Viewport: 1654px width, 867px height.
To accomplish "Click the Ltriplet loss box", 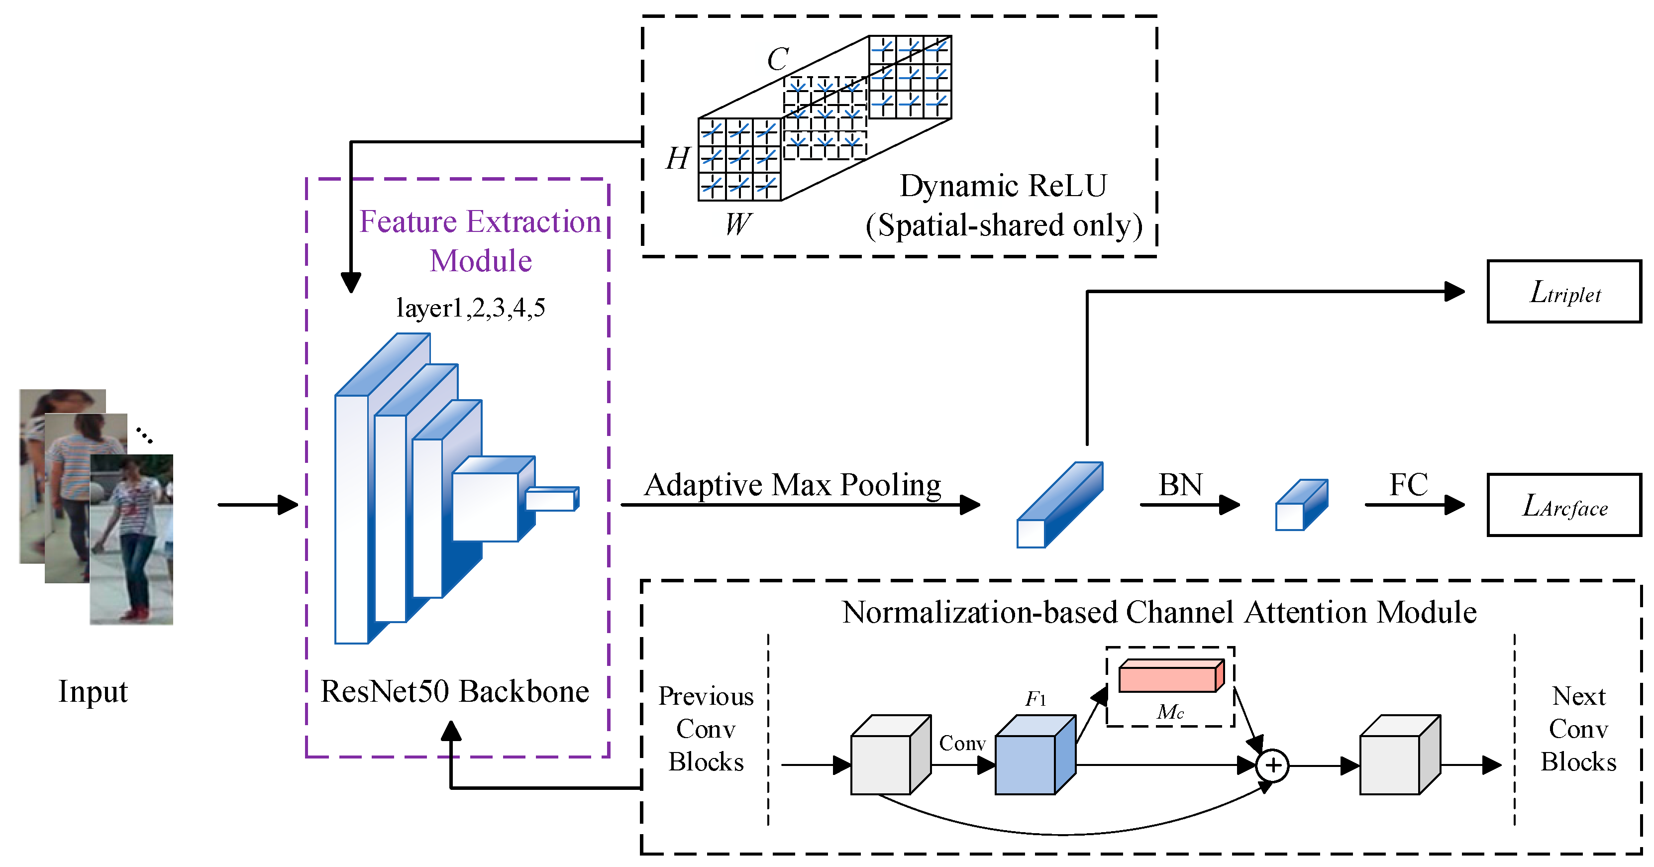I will click(x=1564, y=292).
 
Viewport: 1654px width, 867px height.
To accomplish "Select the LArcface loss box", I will click(x=1564, y=506).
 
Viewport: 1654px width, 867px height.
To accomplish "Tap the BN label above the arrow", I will click(x=1180, y=485).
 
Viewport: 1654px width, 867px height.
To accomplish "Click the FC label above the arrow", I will click(x=1409, y=485).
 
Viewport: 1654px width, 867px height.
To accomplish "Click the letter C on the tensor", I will click(x=778, y=60).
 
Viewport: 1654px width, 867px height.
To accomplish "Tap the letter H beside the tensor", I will click(x=677, y=158).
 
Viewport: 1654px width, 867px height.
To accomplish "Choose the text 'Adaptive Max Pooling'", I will click(x=792, y=485).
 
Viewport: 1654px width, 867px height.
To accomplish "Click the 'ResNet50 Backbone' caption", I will click(x=455, y=692).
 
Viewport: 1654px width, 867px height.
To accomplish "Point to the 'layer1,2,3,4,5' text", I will click(x=471, y=308).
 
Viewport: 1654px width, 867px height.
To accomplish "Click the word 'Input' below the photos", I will click(x=93, y=692).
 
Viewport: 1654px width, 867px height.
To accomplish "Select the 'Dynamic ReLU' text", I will click(x=1003, y=186).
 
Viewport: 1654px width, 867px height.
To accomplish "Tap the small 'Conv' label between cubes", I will click(x=962, y=743).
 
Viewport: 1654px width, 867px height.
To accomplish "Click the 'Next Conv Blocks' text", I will click(x=1578, y=729).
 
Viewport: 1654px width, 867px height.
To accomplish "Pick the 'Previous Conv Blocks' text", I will click(x=706, y=729).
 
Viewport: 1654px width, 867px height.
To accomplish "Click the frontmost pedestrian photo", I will click(x=132, y=540).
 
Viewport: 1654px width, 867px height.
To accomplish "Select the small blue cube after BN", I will click(x=1300, y=506).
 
